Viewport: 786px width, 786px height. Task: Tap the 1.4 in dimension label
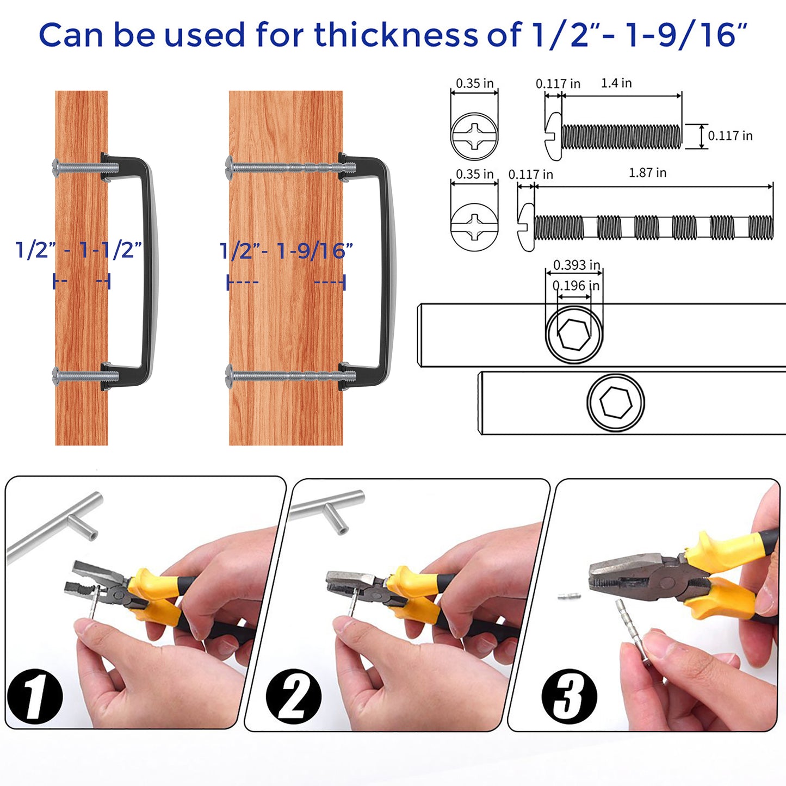(616, 83)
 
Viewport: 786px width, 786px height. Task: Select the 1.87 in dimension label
(647, 173)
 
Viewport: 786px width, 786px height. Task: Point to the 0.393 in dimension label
(577, 265)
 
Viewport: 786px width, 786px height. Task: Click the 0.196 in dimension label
(576, 286)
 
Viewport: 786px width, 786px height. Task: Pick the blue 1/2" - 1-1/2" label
(78, 250)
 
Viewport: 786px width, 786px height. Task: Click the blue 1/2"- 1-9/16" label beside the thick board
(286, 250)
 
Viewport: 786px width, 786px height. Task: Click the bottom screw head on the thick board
(229, 376)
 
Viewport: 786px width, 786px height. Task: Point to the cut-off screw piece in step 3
(568, 597)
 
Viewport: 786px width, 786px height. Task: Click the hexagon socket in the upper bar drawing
(574, 334)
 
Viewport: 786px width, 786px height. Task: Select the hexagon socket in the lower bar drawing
(616, 402)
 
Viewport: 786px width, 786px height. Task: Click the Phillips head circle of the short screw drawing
(474, 136)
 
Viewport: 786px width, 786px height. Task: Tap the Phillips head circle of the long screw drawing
(474, 227)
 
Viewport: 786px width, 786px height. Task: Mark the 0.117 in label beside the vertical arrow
(730, 135)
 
